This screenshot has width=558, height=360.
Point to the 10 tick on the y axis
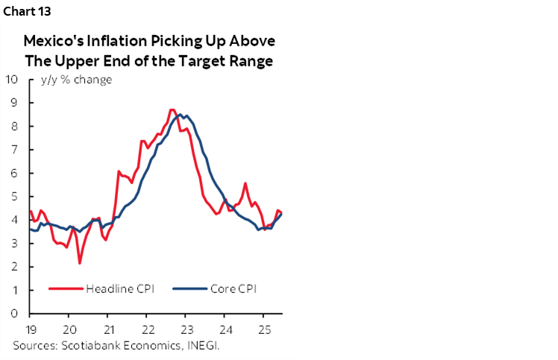point(12,79)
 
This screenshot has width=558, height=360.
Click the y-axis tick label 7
point(15,149)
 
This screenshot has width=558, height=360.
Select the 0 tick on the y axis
point(15,313)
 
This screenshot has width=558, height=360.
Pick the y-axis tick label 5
point(15,196)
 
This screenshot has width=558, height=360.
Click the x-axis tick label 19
point(29,329)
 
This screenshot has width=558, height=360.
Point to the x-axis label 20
point(69,329)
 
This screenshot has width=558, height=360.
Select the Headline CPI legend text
point(120,288)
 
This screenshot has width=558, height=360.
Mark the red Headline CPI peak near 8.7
point(172,110)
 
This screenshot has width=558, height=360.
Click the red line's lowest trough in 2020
point(79,262)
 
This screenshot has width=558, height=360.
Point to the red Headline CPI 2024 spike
point(245,183)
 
